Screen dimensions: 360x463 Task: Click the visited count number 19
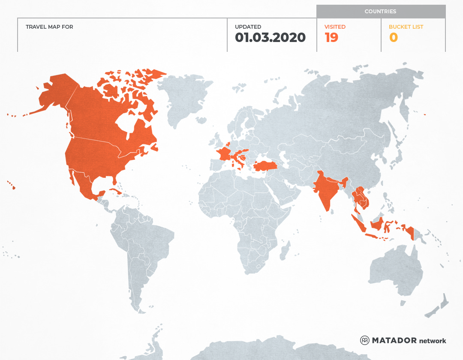(331, 38)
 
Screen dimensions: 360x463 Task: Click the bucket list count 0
(393, 38)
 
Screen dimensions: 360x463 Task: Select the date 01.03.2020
(270, 38)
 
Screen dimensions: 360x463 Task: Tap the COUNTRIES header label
(380, 12)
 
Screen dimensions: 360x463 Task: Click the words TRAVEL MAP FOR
(49, 27)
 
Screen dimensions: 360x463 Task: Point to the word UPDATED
(248, 27)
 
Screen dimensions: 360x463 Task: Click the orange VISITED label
(335, 27)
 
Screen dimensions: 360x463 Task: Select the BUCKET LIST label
(406, 27)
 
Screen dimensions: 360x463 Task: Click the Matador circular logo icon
(364, 340)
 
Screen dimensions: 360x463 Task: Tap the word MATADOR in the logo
(394, 340)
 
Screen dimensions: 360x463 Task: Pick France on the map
(224, 153)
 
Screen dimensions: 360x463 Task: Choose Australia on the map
(394, 270)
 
